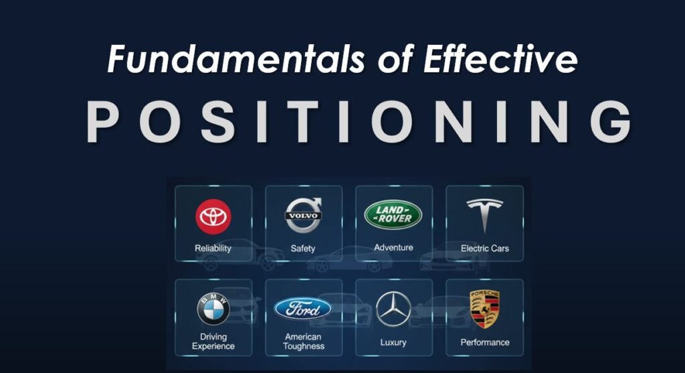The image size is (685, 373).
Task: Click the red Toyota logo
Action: pos(213,216)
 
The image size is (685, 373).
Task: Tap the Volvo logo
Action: pos(304,215)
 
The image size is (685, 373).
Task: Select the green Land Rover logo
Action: pos(393,214)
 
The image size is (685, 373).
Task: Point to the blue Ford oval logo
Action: pos(303,309)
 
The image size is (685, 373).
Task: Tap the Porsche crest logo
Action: pos(485,309)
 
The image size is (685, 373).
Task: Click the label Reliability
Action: pos(213,248)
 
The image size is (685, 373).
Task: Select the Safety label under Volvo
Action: pos(303,248)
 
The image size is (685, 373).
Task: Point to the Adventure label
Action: pos(393,248)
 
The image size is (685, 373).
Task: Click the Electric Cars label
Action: pos(485,248)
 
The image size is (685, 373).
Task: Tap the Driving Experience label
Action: pos(213,342)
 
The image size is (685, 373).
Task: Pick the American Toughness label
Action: pos(303,342)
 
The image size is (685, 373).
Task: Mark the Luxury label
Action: pos(393,342)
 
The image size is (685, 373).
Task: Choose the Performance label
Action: pos(485,342)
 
